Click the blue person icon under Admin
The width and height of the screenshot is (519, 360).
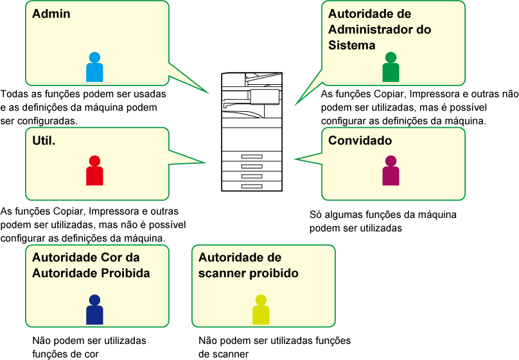(x=94, y=67)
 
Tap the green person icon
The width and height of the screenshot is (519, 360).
(x=391, y=67)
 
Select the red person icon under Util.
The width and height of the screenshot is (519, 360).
(x=94, y=171)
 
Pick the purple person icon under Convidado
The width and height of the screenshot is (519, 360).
(x=391, y=171)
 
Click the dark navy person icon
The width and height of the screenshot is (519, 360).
(x=94, y=310)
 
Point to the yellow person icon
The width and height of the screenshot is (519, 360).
(x=261, y=310)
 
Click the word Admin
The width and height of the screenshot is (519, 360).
(x=51, y=14)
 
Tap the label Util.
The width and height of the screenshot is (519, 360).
(x=44, y=140)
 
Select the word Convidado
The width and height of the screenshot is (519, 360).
(x=360, y=141)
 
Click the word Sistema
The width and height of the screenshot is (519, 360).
(x=351, y=45)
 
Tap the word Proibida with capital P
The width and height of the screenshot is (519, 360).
(x=125, y=273)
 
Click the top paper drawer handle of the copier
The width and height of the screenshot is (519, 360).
(x=252, y=157)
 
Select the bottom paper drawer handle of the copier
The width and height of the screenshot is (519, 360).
(x=252, y=186)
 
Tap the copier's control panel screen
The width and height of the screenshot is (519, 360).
(x=264, y=96)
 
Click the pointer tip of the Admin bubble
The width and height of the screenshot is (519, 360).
(x=209, y=94)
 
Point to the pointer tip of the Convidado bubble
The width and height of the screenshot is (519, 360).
(x=295, y=159)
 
